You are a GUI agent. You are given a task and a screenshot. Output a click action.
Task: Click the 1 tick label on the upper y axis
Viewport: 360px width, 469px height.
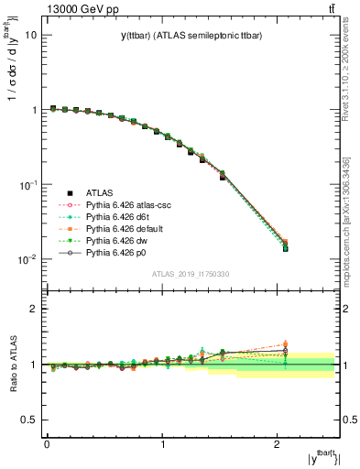click(x=34, y=110)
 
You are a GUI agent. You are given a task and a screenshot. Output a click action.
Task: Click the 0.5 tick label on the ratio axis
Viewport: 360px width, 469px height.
click(x=30, y=420)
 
